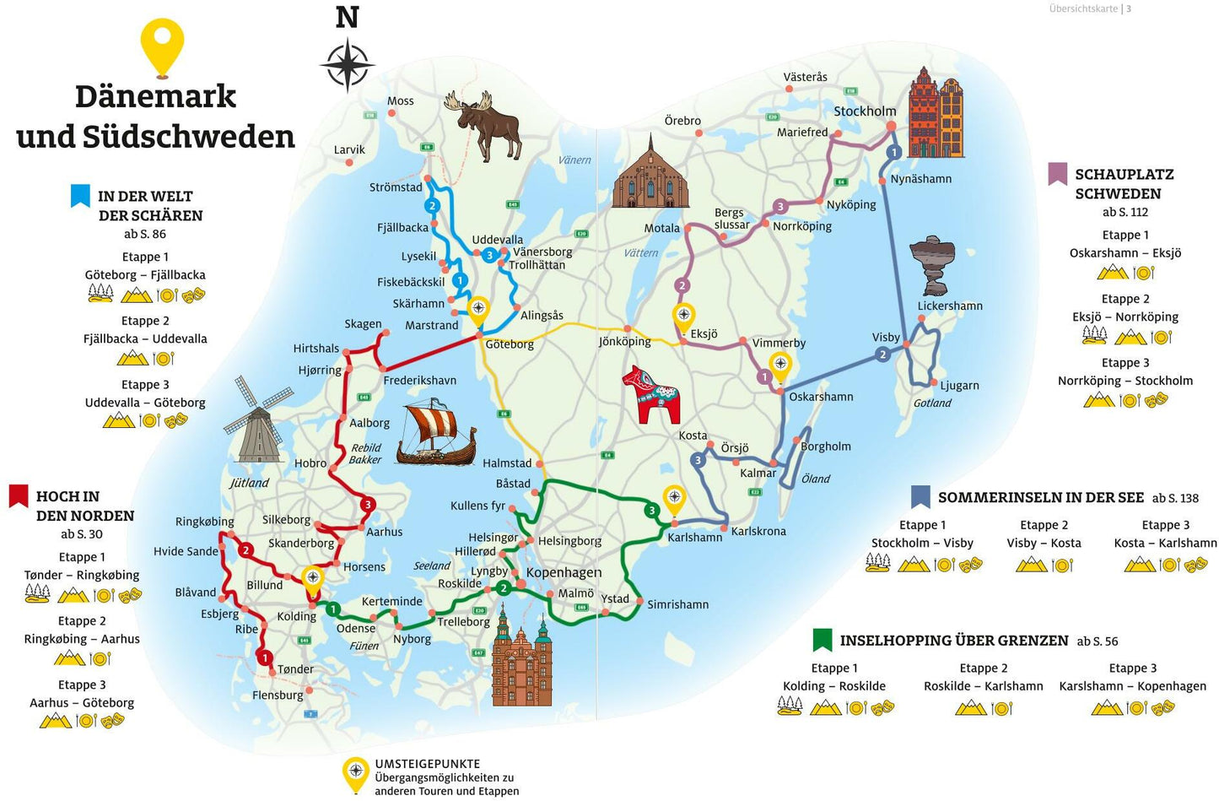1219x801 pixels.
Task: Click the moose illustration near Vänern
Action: click(x=488, y=124)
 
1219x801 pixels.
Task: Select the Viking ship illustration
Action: click(x=435, y=433)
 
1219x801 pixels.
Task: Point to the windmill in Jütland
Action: click(x=258, y=419)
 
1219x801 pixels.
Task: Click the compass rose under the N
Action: click(x=347, y=65)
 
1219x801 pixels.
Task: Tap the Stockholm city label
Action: click(x=865, y=111)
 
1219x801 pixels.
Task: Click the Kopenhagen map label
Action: click(x=564, y=572)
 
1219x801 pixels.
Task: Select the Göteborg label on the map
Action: click(x=510, y=344)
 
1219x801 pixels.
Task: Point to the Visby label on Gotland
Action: click(x=886, y=337)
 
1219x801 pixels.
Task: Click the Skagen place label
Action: click(x=363, y=324)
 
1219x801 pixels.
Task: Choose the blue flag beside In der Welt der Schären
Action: click(x=80, y=196)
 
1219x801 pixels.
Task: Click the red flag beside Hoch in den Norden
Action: click(x=19, y=496)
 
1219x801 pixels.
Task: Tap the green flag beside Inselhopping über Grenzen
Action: click(x=822, y=640)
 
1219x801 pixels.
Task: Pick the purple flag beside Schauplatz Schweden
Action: click(x=1057, y=174)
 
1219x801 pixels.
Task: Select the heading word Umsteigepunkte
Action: click(x=427, y=764)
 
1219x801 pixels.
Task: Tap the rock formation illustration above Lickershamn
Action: click(x=933, y=264)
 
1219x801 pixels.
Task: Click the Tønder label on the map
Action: click(x=295, y=669)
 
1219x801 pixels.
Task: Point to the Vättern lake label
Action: click(x=640, y=252)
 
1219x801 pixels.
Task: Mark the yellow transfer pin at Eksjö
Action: click(x=683, y=317)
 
